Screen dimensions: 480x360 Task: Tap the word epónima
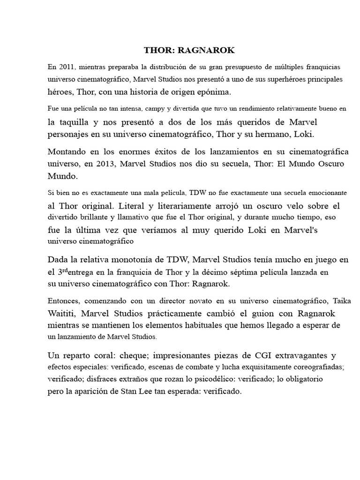205,92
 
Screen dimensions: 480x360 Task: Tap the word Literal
134,206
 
